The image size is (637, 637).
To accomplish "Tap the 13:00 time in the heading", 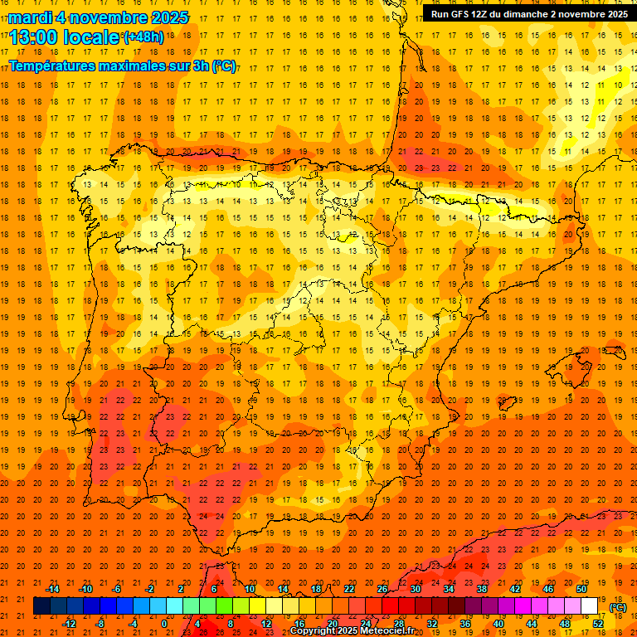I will [34, 36].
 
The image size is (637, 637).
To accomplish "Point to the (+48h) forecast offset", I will [143, 36].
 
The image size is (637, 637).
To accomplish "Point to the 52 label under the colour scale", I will [598, 624].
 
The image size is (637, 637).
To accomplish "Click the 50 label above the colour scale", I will [581, 589].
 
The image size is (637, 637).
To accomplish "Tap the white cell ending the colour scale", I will [590, 606].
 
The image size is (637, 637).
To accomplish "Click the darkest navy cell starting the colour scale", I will [41, 606].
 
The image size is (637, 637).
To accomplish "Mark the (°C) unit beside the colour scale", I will [617, 607].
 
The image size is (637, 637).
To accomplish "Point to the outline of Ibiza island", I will [508, 404].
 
